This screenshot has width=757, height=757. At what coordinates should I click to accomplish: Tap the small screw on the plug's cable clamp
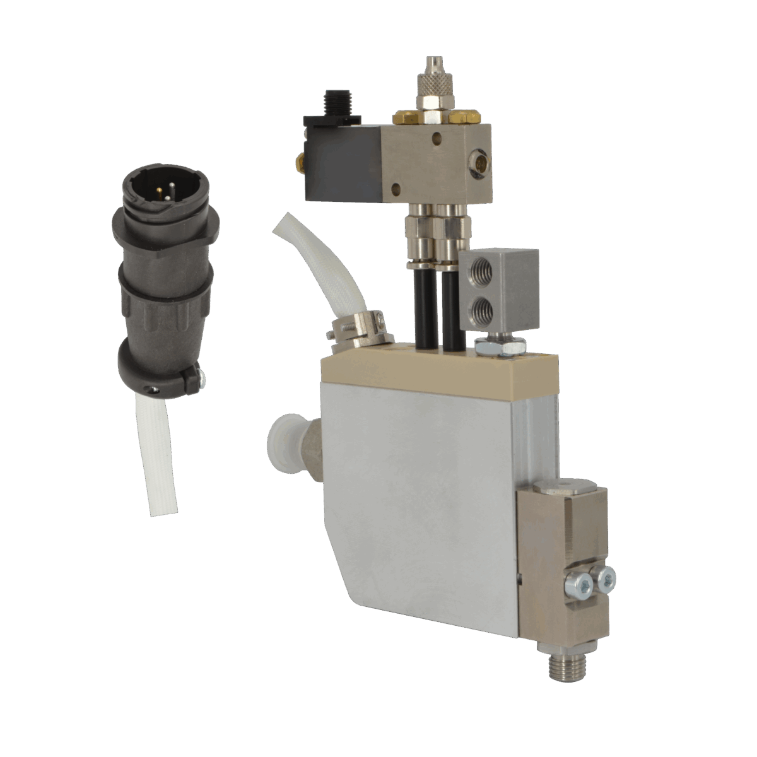pos(201,379)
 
